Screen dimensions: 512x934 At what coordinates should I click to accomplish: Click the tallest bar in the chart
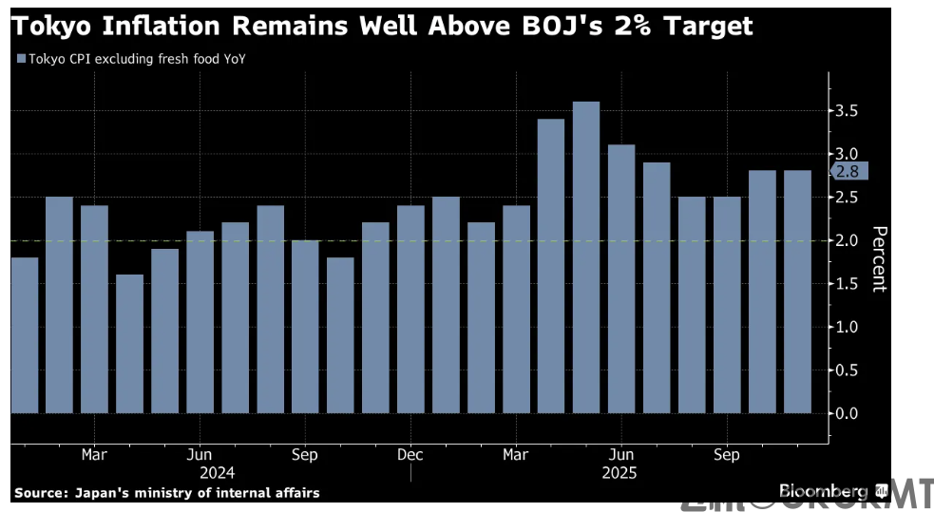pos(586,256)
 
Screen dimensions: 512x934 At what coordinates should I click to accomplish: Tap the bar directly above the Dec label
pos(410,309)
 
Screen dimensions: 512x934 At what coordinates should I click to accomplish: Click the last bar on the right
pos(797,292)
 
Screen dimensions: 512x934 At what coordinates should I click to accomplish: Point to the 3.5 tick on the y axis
pos(848,111)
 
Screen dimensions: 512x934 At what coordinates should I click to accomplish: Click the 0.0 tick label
pos(848,413)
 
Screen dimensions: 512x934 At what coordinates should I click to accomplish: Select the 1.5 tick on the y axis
pos(848,284)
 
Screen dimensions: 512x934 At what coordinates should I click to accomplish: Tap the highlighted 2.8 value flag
pos(848,172)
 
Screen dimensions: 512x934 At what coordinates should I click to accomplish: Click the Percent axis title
pos(879,258)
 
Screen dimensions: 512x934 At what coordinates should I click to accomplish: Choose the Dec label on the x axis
pos(410,455)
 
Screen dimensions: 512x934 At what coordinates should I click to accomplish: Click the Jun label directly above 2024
pos(200,455)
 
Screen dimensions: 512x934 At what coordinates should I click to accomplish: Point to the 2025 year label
pos(619,472)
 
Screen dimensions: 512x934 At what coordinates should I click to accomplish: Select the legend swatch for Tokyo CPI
pos(21,59)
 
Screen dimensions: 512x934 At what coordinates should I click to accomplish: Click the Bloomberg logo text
pos(823,491)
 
